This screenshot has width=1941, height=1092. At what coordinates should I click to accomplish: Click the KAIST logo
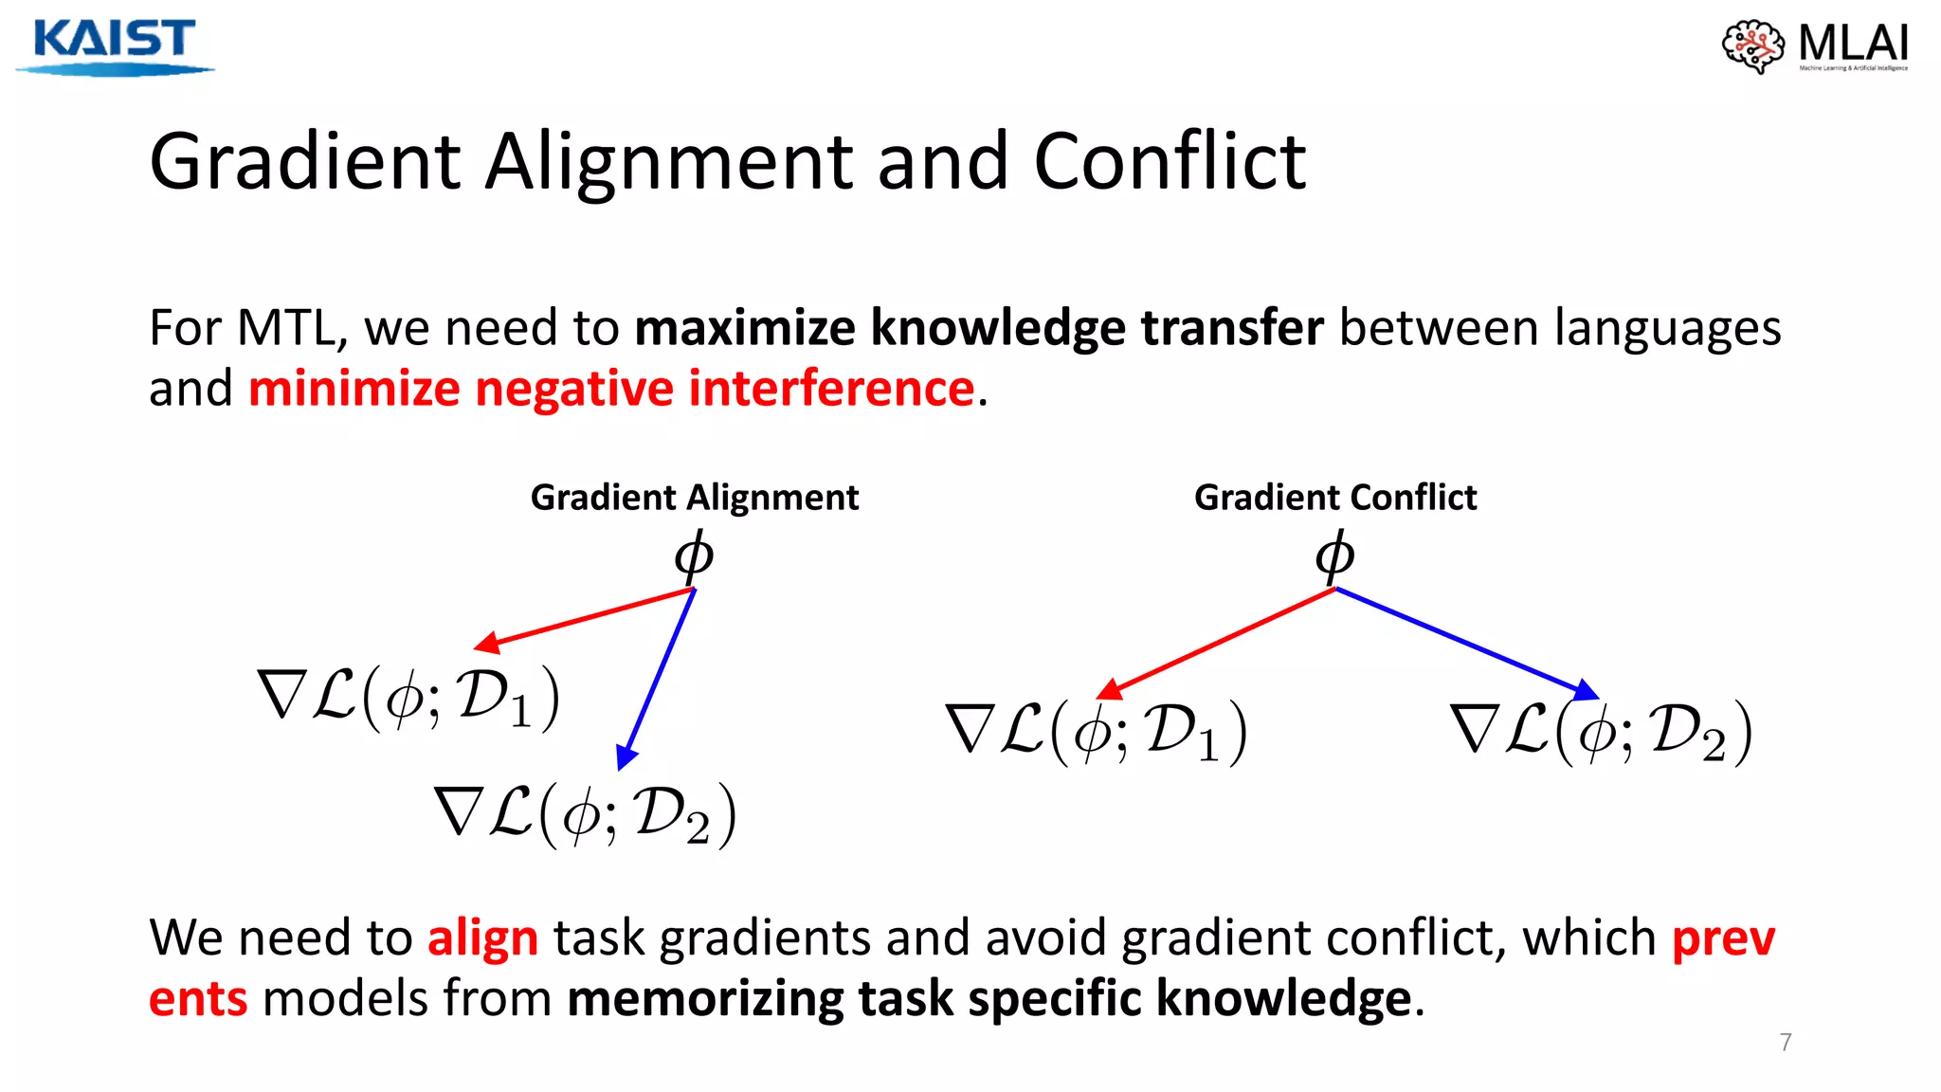coord(114,45)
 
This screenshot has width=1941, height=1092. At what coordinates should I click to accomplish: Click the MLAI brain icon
coord(1752,45)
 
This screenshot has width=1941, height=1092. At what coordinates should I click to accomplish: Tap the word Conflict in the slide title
coord(1170,162)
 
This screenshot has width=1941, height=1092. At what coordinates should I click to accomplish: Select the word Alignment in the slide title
coord(671,162)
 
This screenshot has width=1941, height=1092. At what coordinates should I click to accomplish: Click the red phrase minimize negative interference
coord(611,389)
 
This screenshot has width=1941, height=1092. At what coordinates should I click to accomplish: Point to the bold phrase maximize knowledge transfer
coord(978,328)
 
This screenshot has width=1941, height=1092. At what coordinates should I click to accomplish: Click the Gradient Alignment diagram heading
coord(694,498)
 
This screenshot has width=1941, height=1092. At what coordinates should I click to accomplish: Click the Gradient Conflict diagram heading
coord(1334,498)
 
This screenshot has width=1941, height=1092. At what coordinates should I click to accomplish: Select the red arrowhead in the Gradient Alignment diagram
coord(486,645)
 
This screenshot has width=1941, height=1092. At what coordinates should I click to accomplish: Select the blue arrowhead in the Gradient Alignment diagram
coord(626,755)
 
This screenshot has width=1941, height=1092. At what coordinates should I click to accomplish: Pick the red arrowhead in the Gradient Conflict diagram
coord(1109,689)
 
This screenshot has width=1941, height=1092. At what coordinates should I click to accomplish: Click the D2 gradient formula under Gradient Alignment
coord(585,814)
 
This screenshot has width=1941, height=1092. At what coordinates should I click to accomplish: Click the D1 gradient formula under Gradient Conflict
coord(1097,731)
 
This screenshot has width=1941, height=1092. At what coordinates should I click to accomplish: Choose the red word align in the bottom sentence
coord(482,937)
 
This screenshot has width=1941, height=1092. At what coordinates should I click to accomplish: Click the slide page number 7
coord(1786,1042)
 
